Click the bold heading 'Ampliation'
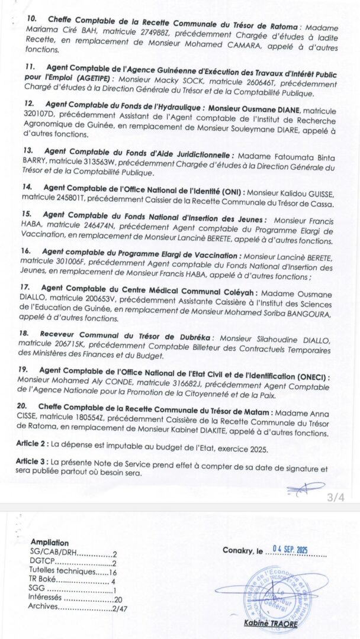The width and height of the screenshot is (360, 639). click(49, 543)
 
